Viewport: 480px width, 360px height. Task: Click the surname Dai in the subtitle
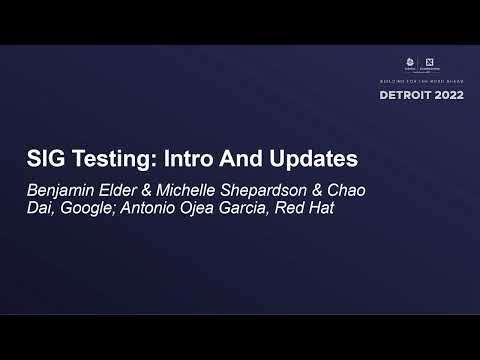click(x=40, y=208)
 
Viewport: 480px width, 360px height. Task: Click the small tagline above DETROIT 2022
click(x=419, y=81)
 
